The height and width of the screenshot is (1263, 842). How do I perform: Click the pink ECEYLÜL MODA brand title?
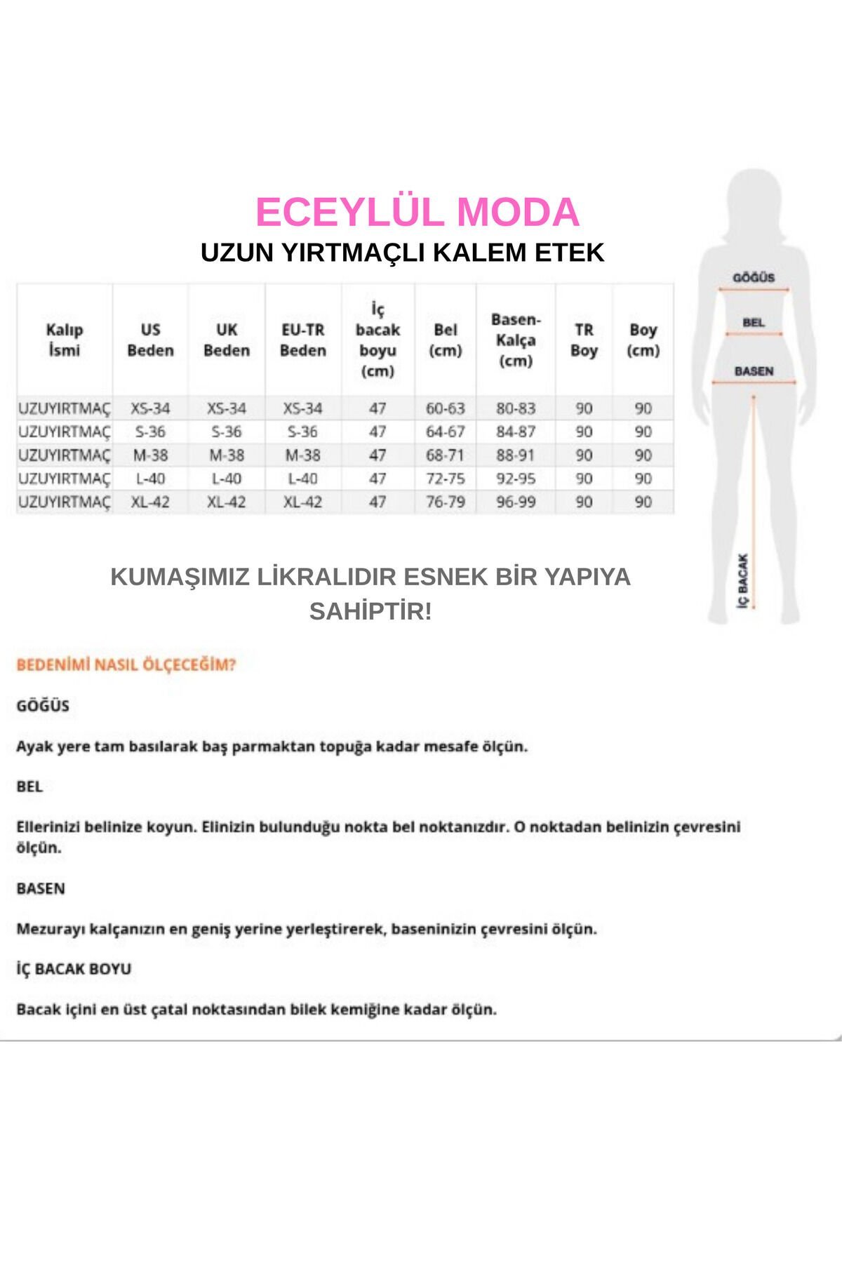[x=417, y=213]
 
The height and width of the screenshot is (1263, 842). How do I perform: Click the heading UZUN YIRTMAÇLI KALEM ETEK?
[x=402, y=253]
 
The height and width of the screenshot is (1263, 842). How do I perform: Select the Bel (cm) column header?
[x=445, y=340]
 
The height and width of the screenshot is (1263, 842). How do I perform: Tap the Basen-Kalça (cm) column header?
[x=516, y=340]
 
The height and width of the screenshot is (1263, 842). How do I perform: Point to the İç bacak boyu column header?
[x=377, y=340]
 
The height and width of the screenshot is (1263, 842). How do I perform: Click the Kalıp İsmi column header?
[x=65, y=340]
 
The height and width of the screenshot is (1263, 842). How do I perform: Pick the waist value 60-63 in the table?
[x=445, y=408]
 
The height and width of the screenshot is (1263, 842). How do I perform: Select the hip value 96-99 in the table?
[x=516, y=502]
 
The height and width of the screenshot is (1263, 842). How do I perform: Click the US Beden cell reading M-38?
[x=150, y=455]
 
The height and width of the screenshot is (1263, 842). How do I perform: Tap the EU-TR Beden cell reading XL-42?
[x=302, y=502]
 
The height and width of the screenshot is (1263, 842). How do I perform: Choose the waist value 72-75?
[x=445, y=479]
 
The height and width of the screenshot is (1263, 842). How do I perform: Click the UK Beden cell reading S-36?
[x=226, y=432]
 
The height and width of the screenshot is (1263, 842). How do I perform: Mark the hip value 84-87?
[x=516, y=432]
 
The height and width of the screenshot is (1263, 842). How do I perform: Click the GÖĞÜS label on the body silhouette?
[x=754, y=278]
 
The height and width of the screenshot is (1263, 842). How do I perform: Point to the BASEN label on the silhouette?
[x=754, y=371]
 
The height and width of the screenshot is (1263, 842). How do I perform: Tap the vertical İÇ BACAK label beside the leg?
[x=744, y=581]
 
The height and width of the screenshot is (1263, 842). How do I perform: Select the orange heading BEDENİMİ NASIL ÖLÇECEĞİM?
[x=126, y=664]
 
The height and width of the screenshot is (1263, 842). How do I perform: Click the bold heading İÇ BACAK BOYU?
[x=74, y=969]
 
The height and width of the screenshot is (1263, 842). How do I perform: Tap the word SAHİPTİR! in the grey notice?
[x=370, y=611]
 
